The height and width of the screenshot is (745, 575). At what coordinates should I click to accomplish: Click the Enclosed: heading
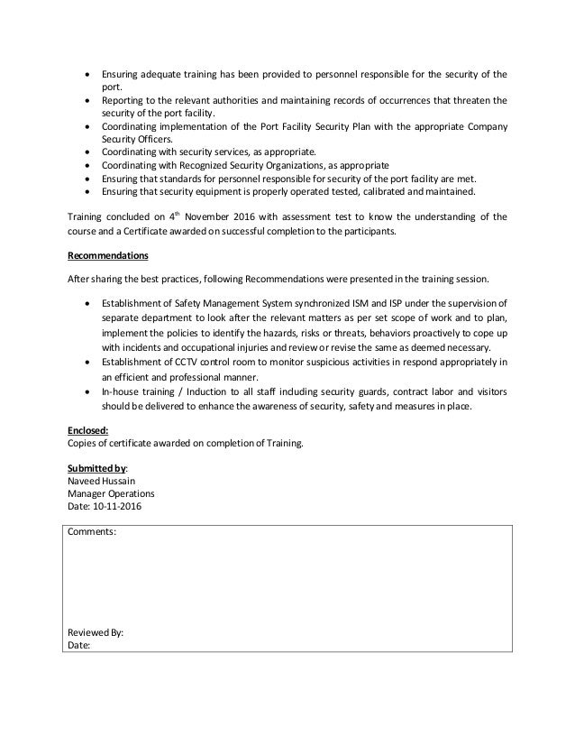pyautogui.click(x=88, y=429)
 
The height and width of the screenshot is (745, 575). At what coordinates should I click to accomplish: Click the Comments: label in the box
pyautogui.click(x=91, y=532)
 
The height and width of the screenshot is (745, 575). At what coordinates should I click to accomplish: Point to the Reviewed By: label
pyautogui.click(x=96, y=632)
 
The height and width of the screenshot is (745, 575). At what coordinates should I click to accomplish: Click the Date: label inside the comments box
pyautogui.click(x=80, y=646)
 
